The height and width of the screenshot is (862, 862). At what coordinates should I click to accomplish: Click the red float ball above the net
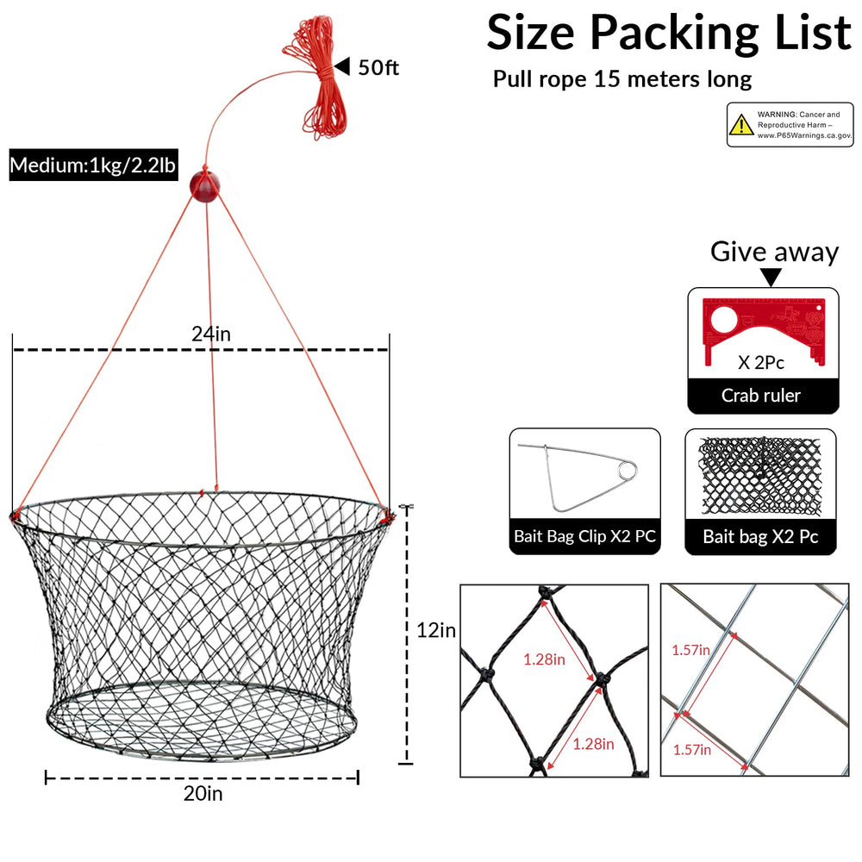pos(204,186)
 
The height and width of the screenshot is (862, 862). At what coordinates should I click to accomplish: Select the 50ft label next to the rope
pos(378,67)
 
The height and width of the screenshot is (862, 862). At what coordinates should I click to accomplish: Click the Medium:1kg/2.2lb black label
pos(93,165)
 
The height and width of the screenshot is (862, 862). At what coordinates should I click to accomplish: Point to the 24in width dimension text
pos(211,334)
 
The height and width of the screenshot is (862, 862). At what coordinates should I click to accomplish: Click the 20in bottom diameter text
pos(203,793)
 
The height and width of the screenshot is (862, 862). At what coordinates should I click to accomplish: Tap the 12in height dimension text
pos(436,630)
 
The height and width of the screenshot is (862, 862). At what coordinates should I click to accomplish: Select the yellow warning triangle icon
pos(741,125)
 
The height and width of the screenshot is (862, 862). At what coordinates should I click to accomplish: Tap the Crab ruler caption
pos(761,396)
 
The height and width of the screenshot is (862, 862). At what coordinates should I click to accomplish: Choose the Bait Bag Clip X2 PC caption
pos(585,536)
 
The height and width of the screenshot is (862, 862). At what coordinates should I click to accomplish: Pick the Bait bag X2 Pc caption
pos(761,536)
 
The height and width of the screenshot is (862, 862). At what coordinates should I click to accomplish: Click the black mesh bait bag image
pos(760,476)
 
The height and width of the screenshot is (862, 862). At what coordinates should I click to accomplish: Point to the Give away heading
pos(775,252)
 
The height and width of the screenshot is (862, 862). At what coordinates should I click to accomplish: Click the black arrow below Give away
pos(771,277)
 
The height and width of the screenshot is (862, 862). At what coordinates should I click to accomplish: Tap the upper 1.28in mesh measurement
pos(544,659)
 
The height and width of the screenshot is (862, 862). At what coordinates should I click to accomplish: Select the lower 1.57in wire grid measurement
pos(692,749)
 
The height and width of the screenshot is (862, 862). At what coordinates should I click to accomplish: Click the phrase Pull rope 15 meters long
pos(622,79)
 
